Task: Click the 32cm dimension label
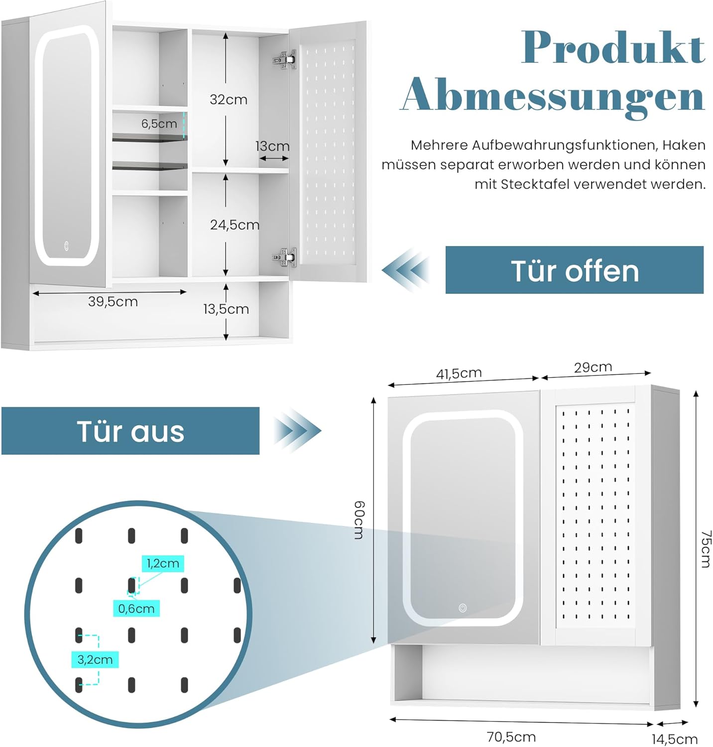pos(229,100)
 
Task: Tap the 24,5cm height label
pos(235,225)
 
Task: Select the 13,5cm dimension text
pos(226,309)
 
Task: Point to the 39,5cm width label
pos(113,302)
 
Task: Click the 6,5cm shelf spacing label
pos(159,124)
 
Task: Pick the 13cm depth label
pos(272,146)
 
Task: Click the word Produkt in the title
pos(613,48)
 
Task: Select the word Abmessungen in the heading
pos(553,97)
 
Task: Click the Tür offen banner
pos(574,270)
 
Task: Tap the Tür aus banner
pos(130,431)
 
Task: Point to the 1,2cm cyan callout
pos(163,564)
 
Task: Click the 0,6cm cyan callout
pos(136,609)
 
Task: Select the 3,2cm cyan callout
pos(95,660)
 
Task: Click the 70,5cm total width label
pos(511,737)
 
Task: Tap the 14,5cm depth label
pos(675,739)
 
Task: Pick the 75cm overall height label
pos(706,549)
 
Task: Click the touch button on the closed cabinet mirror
pos(463,608)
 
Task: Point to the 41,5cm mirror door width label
pos(459,373)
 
